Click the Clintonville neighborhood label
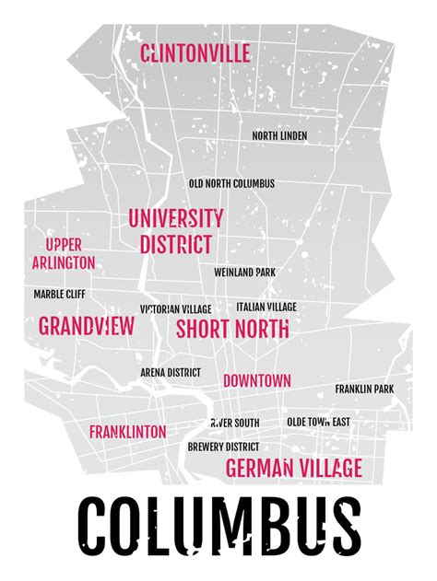[x=195, y=53]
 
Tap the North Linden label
[x=279, y=136]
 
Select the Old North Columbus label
[x=231, y=183]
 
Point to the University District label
[x=175, y=231]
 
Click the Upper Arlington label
[x=64, y=253]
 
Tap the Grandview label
[x=87, y=326]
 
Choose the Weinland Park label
[x=244, y=273]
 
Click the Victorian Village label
[x=175, y=308]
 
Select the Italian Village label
[x=266, y=307]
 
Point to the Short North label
[x=232, y=329]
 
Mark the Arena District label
[x=171, y=372]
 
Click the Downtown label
[x=257, y=380]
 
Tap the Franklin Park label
[x=363, y=389]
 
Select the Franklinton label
[x=127, y=432]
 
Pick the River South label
[x=234, y=423]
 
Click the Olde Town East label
[x=318, y=422]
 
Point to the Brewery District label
[x=221, y=447]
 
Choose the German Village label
[x=293, y=467]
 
